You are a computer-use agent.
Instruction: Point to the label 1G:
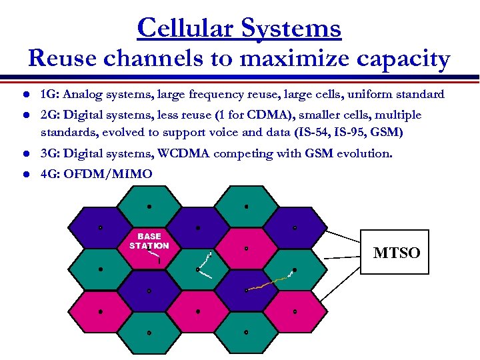[x=49, y=94]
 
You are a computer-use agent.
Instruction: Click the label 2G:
[x=49, y=115]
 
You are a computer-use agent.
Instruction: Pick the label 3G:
[x=49, y=154]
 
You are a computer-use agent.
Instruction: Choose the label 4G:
[x=49, y=174]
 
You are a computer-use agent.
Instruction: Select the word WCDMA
[x=183, y=154]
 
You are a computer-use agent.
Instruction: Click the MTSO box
[x=396, y=252]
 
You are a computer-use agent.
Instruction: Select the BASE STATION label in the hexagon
[x=149, y=241]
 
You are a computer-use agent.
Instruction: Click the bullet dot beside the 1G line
[x=25, y=95]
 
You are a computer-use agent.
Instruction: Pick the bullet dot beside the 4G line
[x=25, y=175]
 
